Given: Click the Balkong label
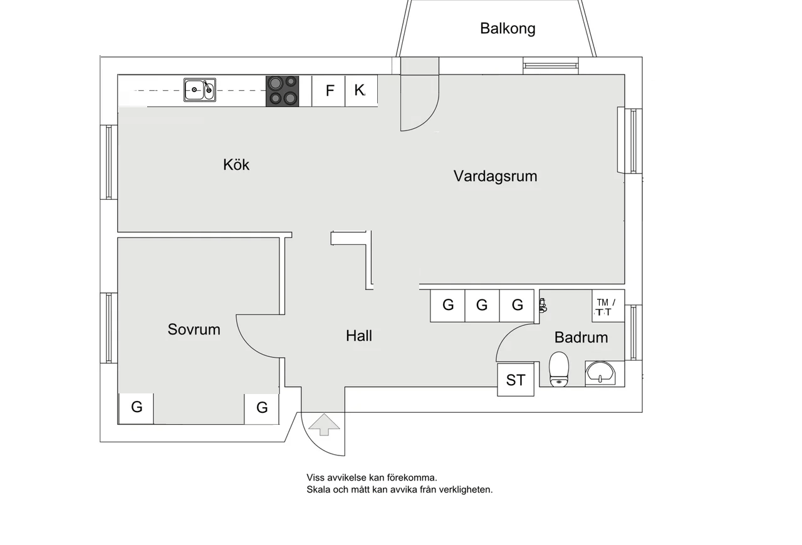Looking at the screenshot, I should (508, 28).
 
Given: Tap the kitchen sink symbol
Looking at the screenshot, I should (200, 90).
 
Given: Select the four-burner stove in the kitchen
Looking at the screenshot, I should (282, 91).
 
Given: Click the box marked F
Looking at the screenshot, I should (330, 90).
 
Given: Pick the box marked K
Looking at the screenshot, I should (360, 90).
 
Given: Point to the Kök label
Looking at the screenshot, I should (236, 164).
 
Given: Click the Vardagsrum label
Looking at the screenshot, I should (495, 176).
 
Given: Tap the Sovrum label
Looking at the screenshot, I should (194, 330).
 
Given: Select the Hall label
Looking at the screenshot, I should (359, 336).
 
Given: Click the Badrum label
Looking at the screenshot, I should (581, 338).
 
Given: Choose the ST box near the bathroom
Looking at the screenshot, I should (516, 380).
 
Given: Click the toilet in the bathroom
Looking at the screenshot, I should (558, 368).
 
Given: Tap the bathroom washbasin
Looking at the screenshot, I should (601, 373).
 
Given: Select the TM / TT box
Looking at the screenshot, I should (607, 306).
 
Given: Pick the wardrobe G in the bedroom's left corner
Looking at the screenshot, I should (137, 407).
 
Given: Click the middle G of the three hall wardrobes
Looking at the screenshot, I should (482, 305).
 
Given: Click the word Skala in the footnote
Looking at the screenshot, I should (318, 490).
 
